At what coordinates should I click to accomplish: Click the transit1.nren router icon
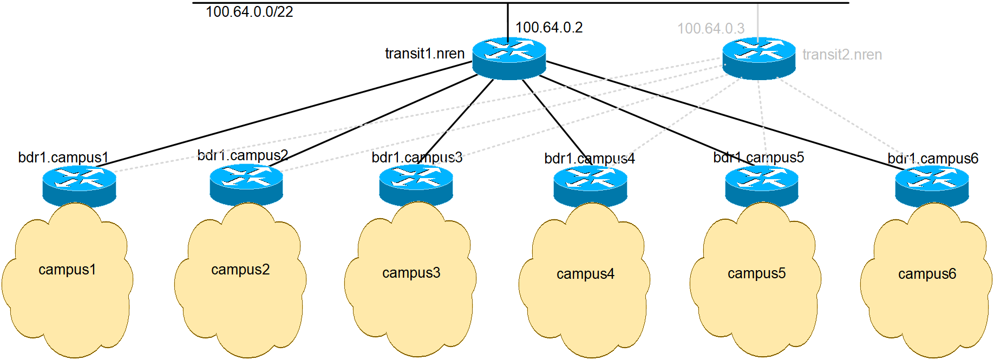tap(509, 58)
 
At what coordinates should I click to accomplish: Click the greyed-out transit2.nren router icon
tap(759, 58)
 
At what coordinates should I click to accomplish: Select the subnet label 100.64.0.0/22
tap(249, 12)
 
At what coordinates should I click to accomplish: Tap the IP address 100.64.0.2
tap(548, 28)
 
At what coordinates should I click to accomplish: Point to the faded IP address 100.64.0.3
tap(711, 28)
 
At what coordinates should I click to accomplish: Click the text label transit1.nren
tap(424, 54)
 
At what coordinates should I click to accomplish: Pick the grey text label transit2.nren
tap(842, 55)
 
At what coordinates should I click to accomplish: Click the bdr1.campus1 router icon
tap(79, 186)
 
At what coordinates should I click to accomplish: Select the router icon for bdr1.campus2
tap(246, 184)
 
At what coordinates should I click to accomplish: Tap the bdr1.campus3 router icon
tap(416, 185)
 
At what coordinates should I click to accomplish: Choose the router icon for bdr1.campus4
tap(590, 186)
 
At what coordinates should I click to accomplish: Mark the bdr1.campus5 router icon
tap(761, 186)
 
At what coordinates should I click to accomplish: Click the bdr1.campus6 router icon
tap(932, 186)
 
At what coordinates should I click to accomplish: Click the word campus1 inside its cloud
tap(67, 270)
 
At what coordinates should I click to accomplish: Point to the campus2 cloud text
tap(240, 270)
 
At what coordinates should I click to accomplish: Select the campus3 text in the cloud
tap(411, 273)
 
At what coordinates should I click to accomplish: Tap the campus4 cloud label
tap(585, 274)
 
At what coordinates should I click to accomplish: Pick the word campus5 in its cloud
tap(756, 273)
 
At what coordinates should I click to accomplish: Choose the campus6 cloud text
tap(927, 274)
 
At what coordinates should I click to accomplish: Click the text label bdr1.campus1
tap(63, 158)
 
